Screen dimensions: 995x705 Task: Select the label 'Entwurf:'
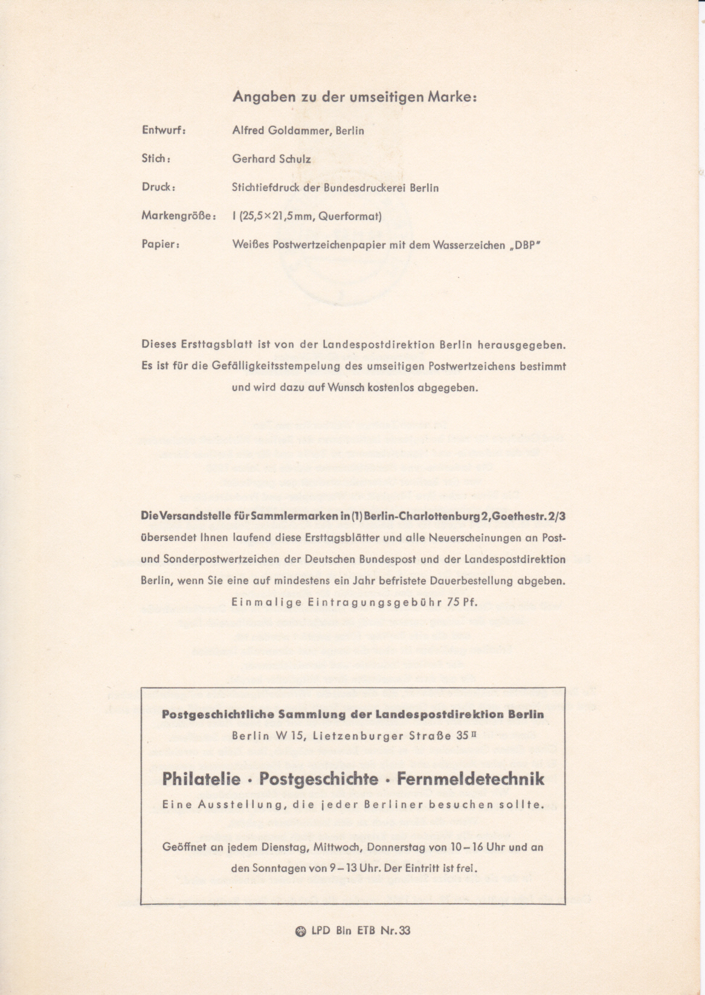[163, 130]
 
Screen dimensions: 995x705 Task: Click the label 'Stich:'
[156, 159]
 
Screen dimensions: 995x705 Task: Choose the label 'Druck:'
[159, 187]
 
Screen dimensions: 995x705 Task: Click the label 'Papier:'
[160, 245]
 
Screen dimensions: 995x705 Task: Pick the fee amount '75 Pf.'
[462, 602]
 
